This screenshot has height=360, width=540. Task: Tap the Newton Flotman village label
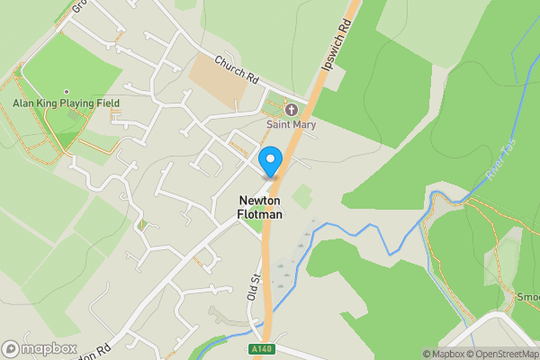pos(259,207)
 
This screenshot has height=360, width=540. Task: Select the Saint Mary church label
pos(291,124)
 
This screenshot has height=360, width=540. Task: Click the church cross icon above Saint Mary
pos(291,110)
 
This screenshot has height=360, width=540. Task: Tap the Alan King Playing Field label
pos(66,103)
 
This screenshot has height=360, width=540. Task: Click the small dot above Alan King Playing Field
pos(66,91)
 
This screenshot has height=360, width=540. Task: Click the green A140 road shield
pos(263,348)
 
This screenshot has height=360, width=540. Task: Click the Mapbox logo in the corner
pos(39,349)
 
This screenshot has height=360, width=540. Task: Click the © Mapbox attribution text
pos(436,354)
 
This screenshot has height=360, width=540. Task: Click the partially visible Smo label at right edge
pos(527,296)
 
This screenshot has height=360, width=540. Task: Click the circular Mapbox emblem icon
pos(11,349)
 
